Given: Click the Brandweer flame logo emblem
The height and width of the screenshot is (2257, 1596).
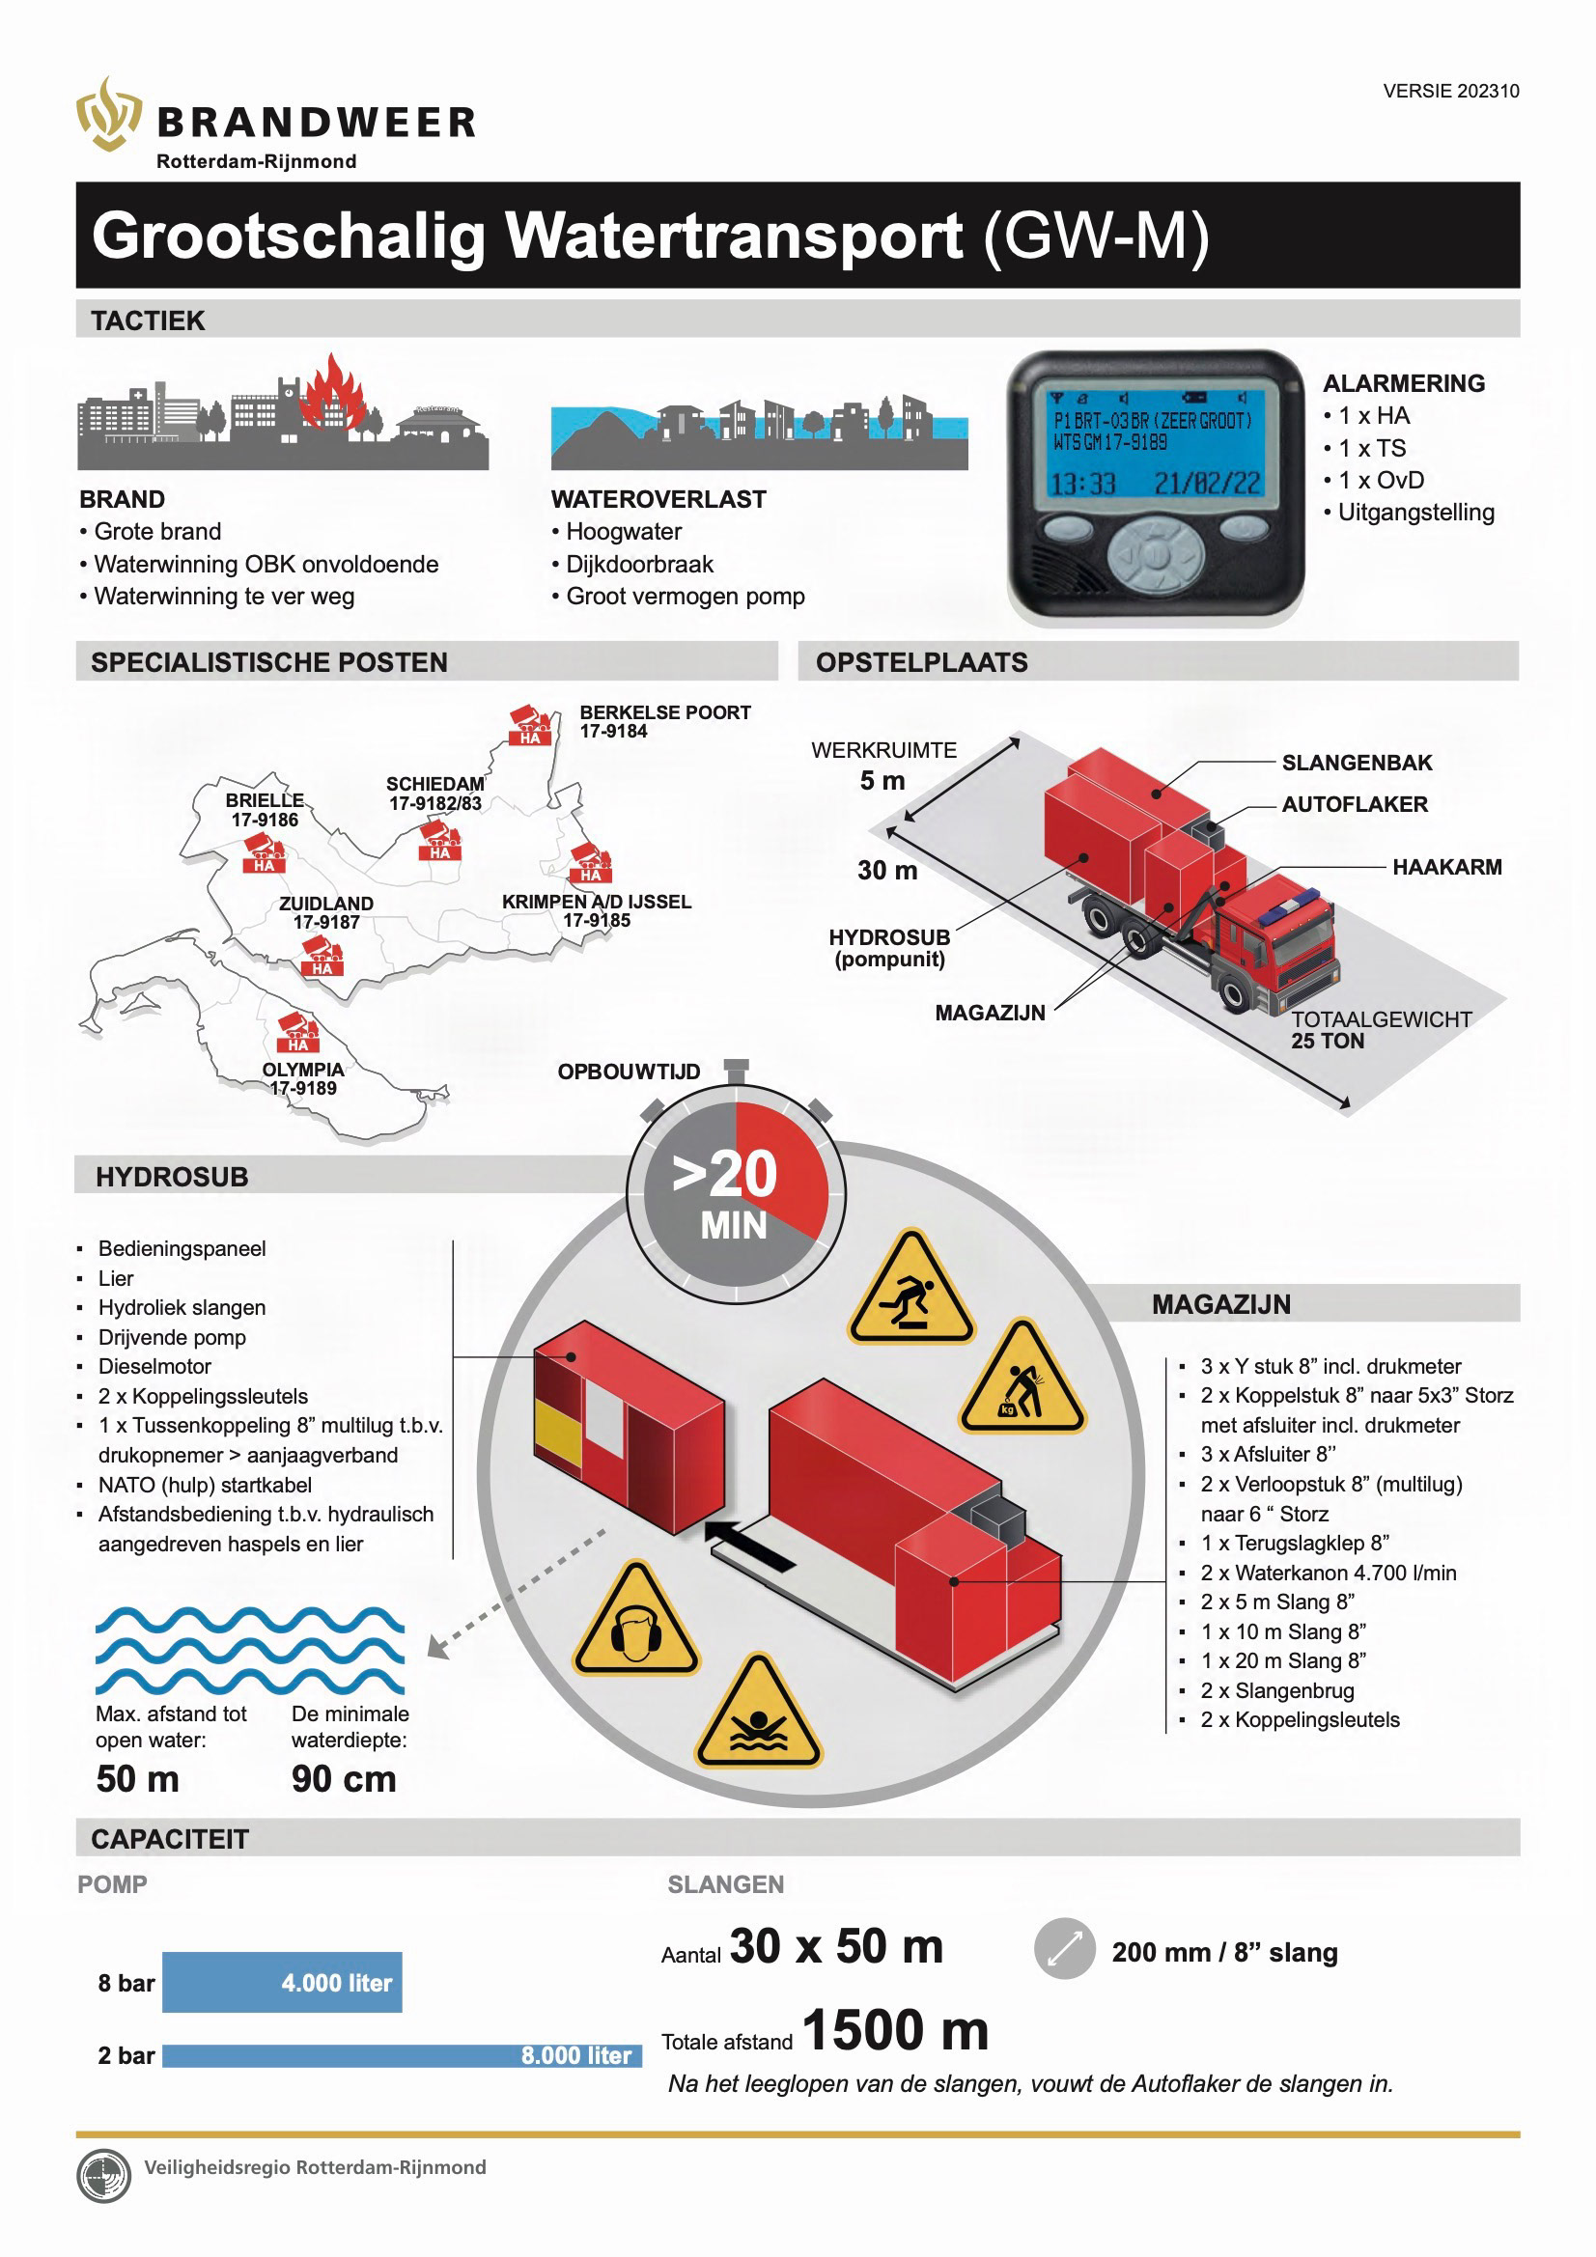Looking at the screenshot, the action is (x=109, y=114).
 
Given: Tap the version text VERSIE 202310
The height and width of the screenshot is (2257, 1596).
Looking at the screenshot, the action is (x=1449, y=92).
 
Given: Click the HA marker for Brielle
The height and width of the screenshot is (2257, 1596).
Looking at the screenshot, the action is (x=264, y=853).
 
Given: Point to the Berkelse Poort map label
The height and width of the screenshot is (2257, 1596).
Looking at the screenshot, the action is (x=663, y=720).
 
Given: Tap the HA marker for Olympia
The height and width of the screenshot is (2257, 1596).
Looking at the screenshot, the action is (x=298, y=1032).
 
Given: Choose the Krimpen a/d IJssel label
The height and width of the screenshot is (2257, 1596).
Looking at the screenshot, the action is (x=596, y=910).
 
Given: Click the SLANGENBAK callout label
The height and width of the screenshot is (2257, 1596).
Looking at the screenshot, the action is (x=1356, y=763).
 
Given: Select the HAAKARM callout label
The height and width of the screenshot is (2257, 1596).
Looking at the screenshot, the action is (x=1445, y=867).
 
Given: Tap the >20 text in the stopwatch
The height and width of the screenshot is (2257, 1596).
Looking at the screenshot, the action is (x=725, y=1174).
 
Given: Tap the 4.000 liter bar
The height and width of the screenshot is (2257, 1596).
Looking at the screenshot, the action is (x=282, y=1982).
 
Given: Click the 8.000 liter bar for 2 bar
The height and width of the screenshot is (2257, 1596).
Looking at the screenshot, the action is (x=402, y=2055).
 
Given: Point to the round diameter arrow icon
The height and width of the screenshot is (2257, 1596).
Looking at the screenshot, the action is (x=1064, y=1948).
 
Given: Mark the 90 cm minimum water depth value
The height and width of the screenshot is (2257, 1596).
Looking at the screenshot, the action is (x=343, y=1779).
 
